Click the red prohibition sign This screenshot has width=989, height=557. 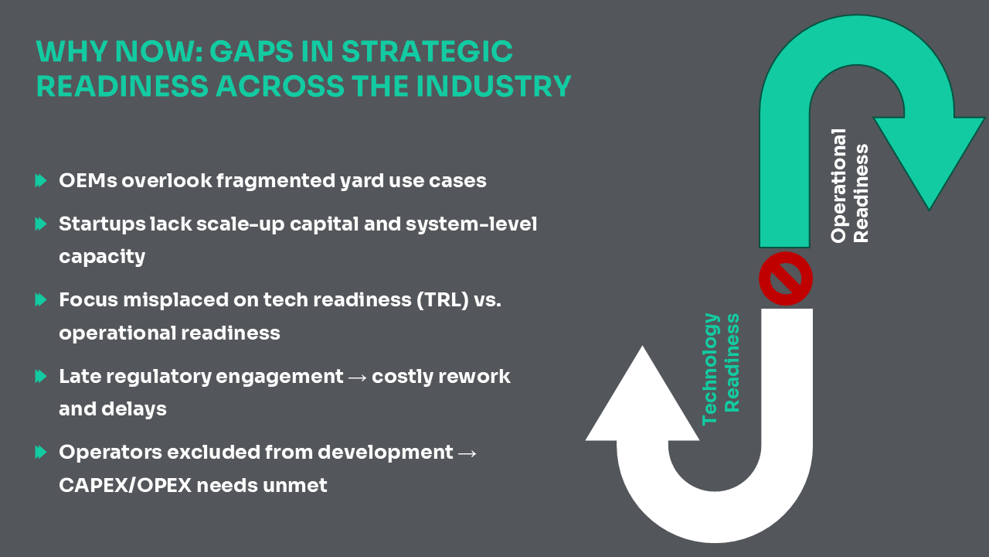point(786,278)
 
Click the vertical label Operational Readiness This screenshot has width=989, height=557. point(849,186)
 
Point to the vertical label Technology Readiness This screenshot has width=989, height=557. point(721,369)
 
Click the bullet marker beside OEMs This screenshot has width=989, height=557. point(41,180)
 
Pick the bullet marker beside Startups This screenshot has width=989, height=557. point(41,224)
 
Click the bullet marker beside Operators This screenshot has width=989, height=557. point(41,452)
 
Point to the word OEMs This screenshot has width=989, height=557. point(88,180)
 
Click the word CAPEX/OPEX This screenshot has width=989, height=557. point(125,485)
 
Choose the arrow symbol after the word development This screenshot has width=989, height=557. point(467,453)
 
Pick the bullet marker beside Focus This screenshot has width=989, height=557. point(41,299)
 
